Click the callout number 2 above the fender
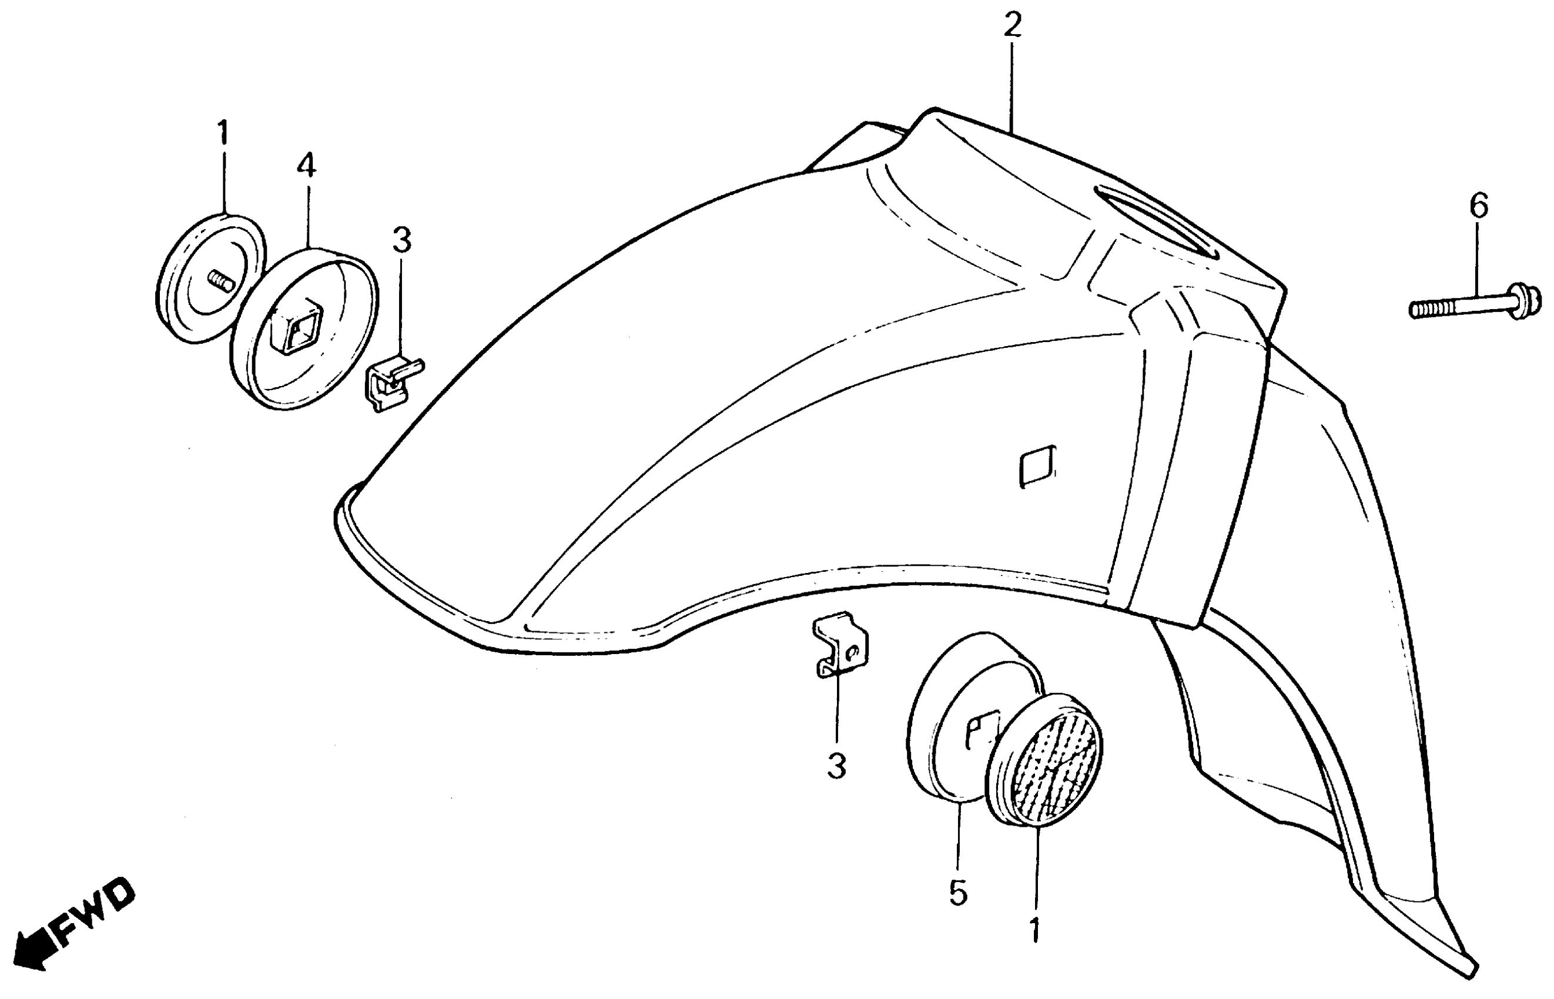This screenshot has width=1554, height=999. click(1012, 26)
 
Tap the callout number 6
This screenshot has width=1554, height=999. click(1478, 207)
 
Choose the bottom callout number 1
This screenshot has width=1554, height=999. click(1034, 930)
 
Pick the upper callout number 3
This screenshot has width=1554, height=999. click(401, 240)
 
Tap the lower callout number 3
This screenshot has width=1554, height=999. click(836, 766)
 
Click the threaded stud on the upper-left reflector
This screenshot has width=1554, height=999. click(221, 283)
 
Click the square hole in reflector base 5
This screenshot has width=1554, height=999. click(981, 730)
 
